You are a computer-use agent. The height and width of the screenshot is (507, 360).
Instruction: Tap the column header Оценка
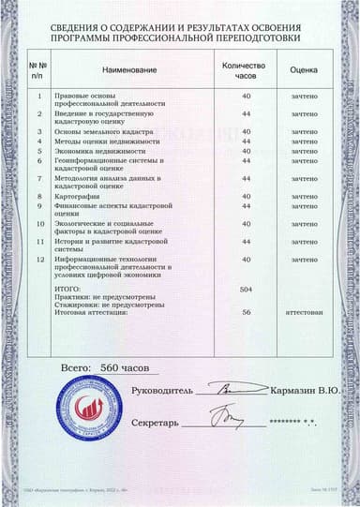tap(304, 71)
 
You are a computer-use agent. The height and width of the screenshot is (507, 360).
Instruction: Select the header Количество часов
tap(246, 71)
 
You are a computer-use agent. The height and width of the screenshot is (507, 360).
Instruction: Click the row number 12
tap(39, 259)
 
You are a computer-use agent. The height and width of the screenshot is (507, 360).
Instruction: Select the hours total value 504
tap(247, 291)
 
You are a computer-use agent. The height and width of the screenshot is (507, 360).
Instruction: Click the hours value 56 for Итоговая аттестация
tap(247, 312)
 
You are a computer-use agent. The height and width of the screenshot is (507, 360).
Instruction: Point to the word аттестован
tap(304, 312)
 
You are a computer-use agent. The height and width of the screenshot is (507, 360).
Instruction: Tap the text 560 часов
tap(124, 367)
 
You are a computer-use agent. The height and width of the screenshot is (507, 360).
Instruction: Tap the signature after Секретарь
tap(224, 416)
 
